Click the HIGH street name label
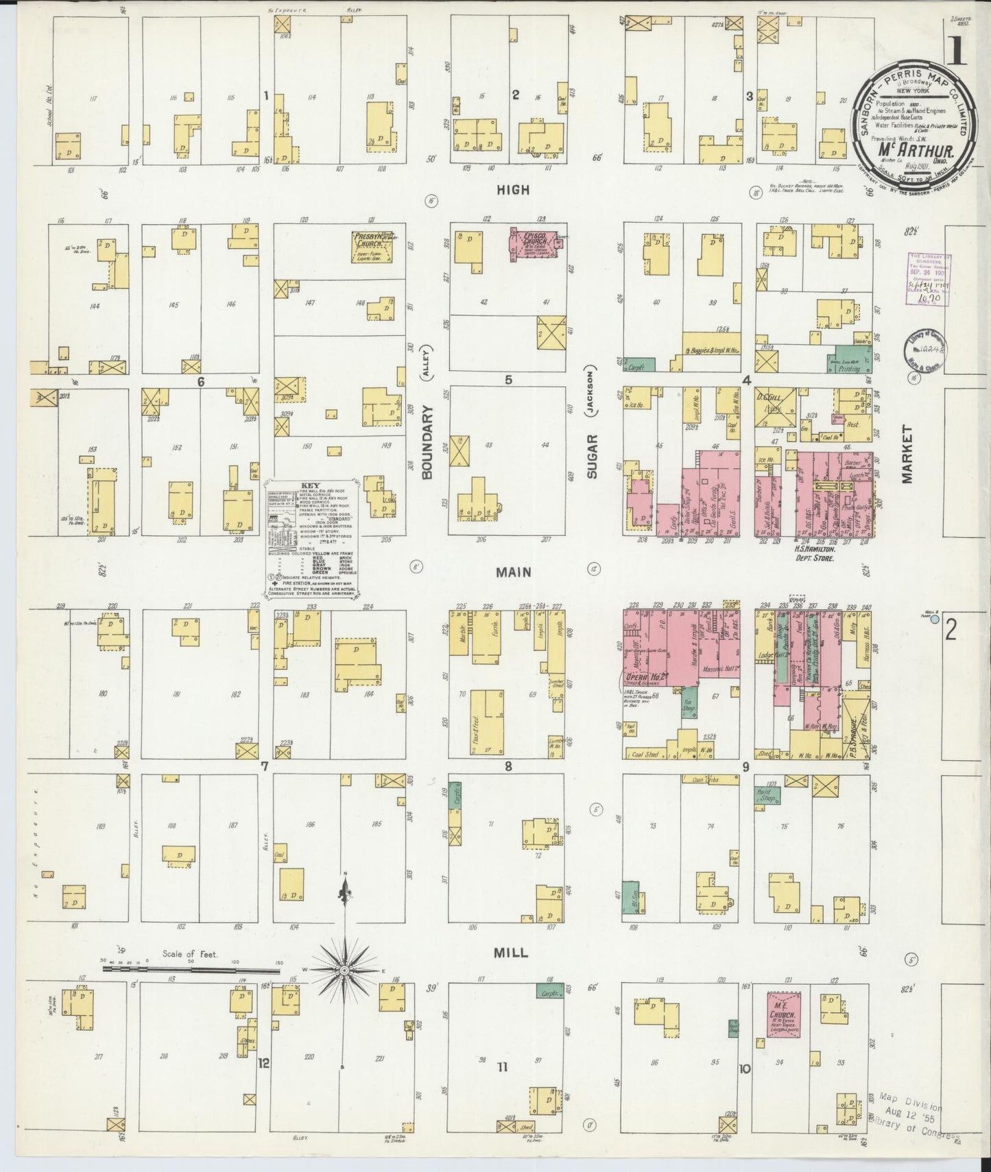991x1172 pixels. [x=513, y=190]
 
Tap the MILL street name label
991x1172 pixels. [x=512, y=953]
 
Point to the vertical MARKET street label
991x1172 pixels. [x=909, y=453]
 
